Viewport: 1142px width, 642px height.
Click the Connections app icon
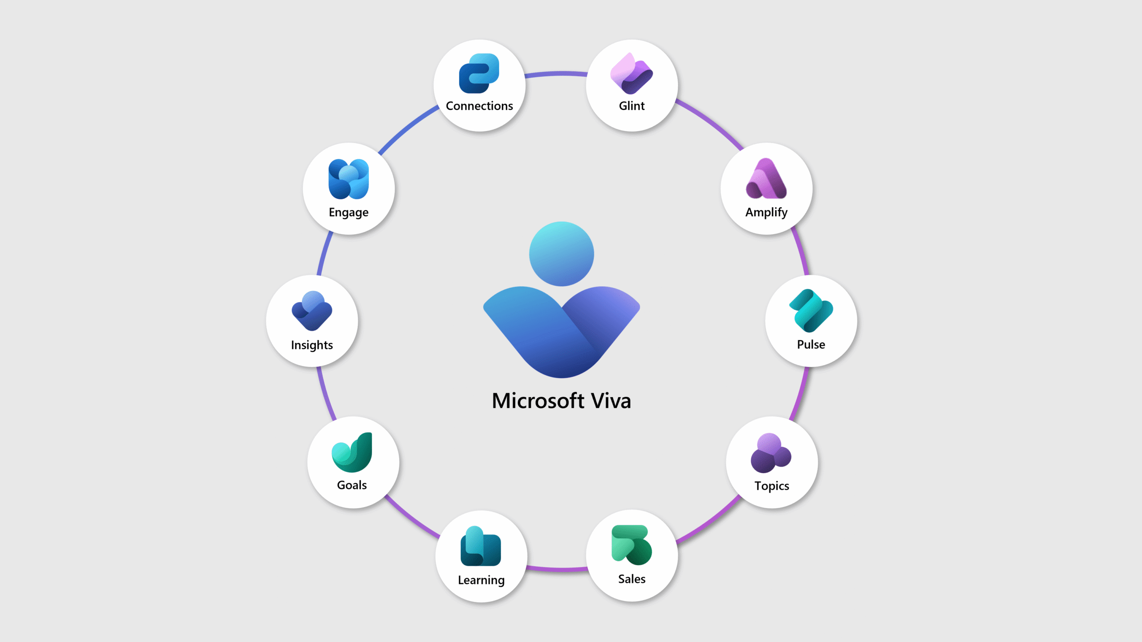pos(479,74)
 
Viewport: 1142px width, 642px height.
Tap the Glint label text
pos(632,106)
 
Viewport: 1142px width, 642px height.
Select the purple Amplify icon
pos(766,179)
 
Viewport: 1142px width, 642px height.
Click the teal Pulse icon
pos(811,311)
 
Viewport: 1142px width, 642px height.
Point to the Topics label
pos(772,486)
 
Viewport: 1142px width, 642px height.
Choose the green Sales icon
pos(632,545)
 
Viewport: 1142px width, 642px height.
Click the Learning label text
pos(481,580)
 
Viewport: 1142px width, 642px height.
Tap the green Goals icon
pos(352,453)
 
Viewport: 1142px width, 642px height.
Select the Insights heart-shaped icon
pos(312,311)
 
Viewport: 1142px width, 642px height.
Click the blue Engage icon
pos(348,179)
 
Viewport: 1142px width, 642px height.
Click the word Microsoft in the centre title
pos(538,401)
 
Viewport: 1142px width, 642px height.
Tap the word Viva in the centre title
pos(611,401)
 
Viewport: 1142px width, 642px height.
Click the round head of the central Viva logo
pos(561,254)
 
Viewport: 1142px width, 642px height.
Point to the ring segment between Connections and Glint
pos(556,74)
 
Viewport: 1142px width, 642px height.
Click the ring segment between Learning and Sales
pos(557,569)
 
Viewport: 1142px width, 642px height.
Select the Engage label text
pos(348,213)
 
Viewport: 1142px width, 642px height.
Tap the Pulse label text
pos(811,345)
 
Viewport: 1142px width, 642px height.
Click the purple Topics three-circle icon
pos(771,453)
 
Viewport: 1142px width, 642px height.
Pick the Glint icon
pos(632,74)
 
